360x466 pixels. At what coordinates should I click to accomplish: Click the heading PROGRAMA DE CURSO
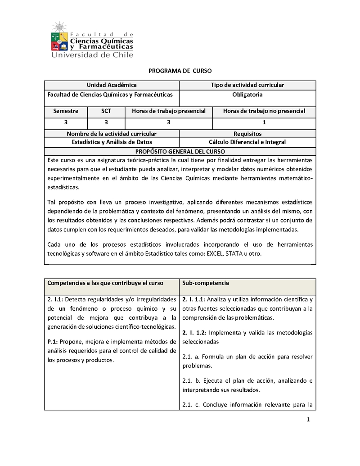point(180,71)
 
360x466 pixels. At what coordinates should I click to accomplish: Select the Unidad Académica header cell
point(112,85)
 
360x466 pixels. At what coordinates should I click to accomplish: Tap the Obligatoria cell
point(247,95)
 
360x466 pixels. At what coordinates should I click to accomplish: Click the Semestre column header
point(66,111)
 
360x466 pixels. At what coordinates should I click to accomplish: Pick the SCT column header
point(106,111)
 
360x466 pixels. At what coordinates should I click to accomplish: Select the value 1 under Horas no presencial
point(264,122)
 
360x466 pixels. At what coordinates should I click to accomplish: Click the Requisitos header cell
point(247,134)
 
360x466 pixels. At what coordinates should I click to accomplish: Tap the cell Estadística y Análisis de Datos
point(112,142)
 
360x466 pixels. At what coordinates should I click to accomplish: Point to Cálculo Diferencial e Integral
point(247,142)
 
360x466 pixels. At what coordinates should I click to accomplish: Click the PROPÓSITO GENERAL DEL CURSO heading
point(180,151)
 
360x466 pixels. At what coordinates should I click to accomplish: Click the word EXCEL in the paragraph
point(216,254)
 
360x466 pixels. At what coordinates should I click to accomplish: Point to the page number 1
point(308,420)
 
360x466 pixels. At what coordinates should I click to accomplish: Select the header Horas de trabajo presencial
point(169,111)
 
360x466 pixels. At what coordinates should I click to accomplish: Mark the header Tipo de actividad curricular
point(247,85)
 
